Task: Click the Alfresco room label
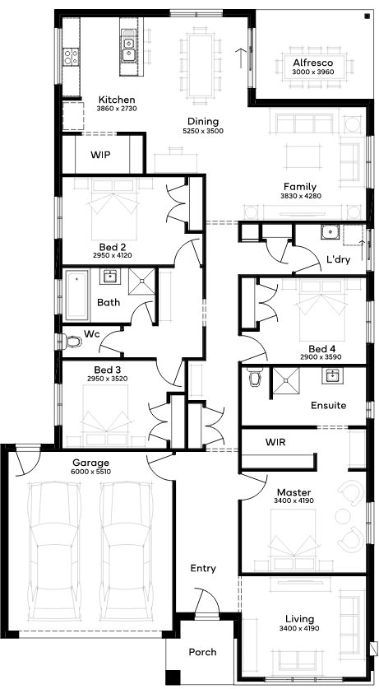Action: coord(312,63)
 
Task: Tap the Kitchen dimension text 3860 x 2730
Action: coord(116,108)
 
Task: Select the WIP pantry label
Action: coord(100,155)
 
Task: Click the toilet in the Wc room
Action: coord(72,341)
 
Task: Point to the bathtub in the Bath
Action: coord(77,296)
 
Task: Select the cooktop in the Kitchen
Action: coord(72,56)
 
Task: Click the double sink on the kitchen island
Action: coord(128,49)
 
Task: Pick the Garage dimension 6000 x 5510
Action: coord(90,472)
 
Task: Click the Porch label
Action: coord(203,652)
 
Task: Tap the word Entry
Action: coord(203,569)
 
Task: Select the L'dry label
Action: coord(339,259)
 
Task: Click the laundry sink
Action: coord(330,231)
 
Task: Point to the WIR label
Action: coord(275,442)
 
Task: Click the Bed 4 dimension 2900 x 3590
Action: coord(321,357)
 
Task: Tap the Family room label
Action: coord(300,187)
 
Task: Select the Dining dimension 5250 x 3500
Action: coord(203,131)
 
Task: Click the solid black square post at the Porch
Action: coord(173,677)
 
